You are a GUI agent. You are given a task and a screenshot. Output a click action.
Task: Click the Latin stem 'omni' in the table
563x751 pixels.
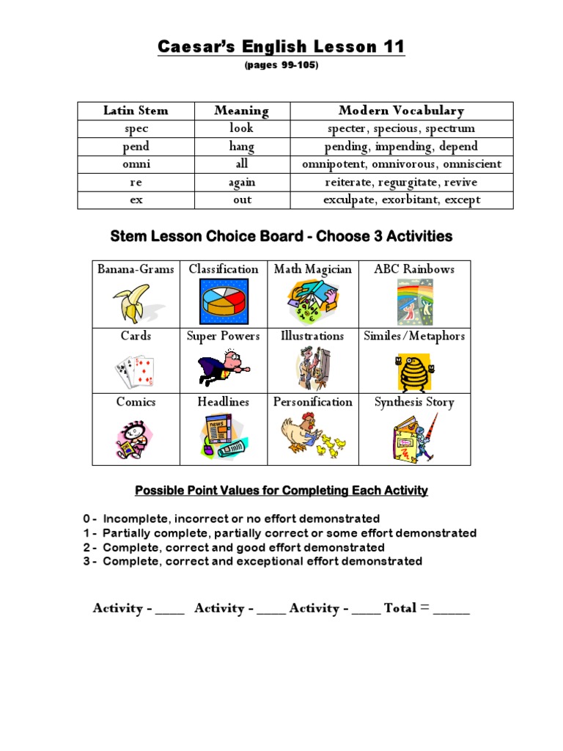pos(136,164)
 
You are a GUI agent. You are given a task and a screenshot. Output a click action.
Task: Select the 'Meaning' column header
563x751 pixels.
pos(241,111)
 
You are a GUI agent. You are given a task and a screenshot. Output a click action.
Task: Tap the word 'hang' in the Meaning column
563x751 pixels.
pos(241,147)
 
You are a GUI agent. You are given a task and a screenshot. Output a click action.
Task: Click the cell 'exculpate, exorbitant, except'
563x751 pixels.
pos(402,199)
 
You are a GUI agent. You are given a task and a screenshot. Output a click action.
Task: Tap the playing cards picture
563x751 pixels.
pos(135,371)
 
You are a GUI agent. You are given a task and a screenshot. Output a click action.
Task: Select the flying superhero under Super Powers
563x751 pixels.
pos(224,367)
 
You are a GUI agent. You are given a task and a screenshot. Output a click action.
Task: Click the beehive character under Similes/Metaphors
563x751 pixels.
pos(414,372)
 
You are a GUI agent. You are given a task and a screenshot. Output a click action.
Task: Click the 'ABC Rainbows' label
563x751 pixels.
pos(414,269)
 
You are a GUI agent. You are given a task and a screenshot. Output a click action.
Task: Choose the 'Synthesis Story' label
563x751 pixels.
pos(414,402)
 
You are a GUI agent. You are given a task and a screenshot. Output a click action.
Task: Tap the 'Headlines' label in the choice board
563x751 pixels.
pos(223,402)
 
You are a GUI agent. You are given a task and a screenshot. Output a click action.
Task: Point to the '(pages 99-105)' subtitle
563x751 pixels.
pos(281,66)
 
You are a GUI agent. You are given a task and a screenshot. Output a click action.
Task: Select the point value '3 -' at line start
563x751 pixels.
pos(90,562)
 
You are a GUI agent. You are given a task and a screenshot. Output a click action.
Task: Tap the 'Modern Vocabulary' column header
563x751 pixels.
pos(402,111)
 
